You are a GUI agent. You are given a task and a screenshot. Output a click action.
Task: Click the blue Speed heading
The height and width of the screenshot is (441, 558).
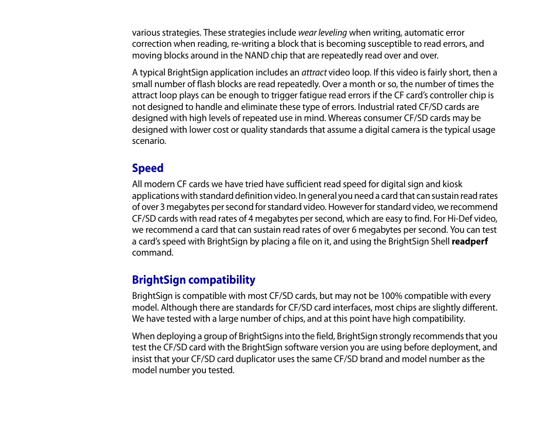pos(147,168)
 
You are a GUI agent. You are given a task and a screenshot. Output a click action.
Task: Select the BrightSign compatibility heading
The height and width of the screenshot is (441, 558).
pos(194,280)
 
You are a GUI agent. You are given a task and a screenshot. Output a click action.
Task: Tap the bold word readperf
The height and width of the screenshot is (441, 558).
pos(470,242)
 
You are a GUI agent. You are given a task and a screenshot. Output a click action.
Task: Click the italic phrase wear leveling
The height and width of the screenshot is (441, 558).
pos(322,33)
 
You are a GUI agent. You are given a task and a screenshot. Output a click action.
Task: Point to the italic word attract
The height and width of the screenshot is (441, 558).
pos(314,73)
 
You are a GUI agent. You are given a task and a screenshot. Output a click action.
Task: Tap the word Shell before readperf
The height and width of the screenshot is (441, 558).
pos(438,242)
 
